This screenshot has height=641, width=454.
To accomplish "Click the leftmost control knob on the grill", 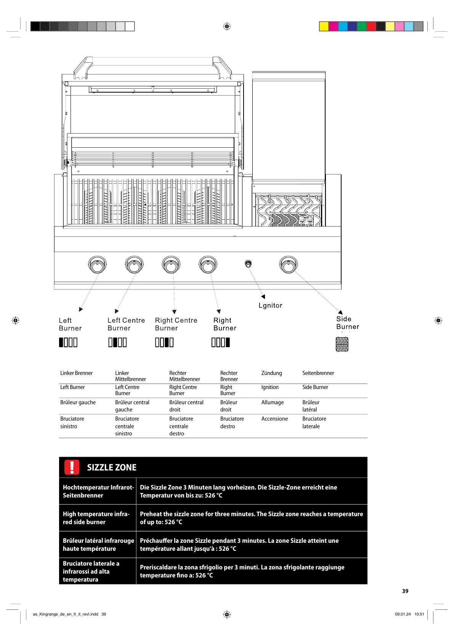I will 97,265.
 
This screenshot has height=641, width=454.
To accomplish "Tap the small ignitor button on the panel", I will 248,263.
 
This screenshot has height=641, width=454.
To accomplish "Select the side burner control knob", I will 288,265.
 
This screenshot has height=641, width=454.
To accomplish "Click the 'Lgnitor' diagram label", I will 270,305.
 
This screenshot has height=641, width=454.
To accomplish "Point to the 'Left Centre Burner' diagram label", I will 126,324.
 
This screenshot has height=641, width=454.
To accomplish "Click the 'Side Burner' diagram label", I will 347,323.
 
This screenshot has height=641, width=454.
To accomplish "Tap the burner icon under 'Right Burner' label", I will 221,343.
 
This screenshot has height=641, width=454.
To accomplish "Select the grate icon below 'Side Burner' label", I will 342,344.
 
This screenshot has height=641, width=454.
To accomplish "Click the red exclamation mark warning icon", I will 72,467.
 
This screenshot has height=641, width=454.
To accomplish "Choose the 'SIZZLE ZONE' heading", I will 112,467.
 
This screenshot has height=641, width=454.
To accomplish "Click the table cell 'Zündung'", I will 271,373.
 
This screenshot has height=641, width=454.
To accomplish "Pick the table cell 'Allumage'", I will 272,402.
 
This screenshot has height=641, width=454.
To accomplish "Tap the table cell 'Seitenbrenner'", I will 318,373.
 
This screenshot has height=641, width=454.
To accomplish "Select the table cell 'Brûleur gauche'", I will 78,402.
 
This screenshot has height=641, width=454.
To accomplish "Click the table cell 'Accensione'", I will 274,419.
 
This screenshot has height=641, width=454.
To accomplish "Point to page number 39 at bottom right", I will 405,591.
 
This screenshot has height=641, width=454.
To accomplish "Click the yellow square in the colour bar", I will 324,26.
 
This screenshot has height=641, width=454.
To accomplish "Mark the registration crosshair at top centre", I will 227,26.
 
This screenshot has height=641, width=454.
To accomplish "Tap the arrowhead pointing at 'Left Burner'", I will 81,309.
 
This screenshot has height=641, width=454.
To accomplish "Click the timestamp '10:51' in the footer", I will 419,614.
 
